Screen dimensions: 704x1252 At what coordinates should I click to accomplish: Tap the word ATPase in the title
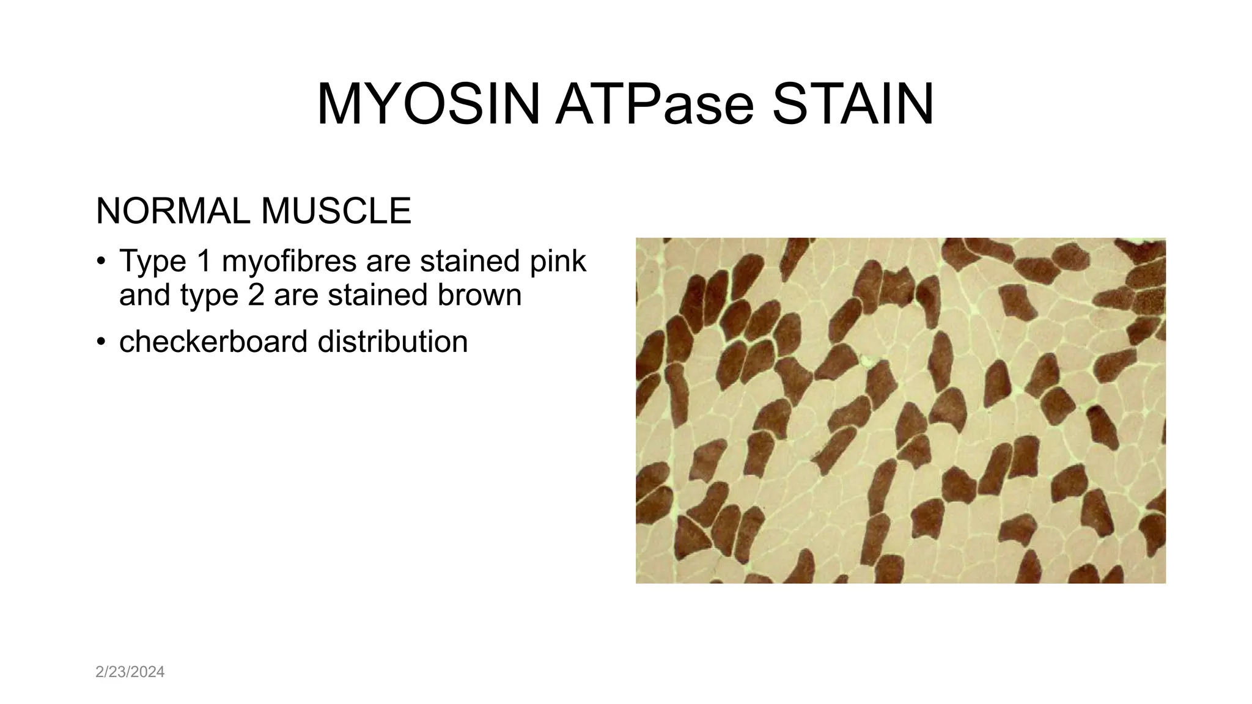(x=654, y=105)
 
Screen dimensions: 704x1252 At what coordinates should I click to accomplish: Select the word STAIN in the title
(x=853, y=105)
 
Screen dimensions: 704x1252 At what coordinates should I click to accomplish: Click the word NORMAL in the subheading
(x=172, y=211)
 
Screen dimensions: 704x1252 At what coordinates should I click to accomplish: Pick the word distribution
(x=392, y=341)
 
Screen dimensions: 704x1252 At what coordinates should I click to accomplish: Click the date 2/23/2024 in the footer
(x=130, y=672)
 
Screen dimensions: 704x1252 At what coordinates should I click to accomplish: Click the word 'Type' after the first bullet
(x=153, y=262)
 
